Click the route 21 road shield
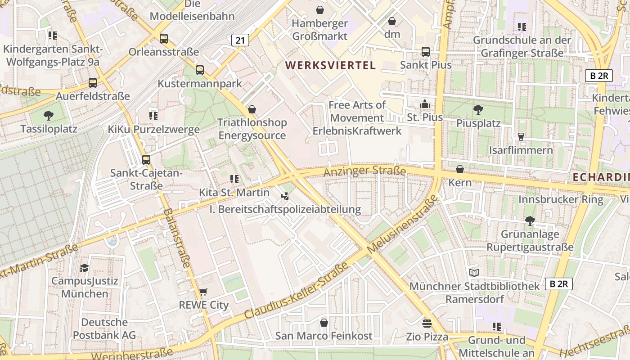[240, 40]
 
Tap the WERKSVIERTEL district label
[330, 65]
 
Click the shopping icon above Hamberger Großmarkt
[320, 9]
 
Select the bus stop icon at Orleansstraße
[164, 39]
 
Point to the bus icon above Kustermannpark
[200, 70]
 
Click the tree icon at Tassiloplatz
[49, 116]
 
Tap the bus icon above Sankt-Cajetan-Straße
[146, 159]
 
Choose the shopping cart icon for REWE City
[203, 292]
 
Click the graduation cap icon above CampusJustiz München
[84, 268]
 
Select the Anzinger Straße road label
[365, 171]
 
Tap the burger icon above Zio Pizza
[427, 323]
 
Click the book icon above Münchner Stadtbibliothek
[474, 273]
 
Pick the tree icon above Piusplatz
[478, 109]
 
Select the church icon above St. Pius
[424, 104]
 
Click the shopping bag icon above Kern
[460, 170]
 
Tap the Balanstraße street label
[175, 238]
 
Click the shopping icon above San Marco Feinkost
[324, 323]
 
